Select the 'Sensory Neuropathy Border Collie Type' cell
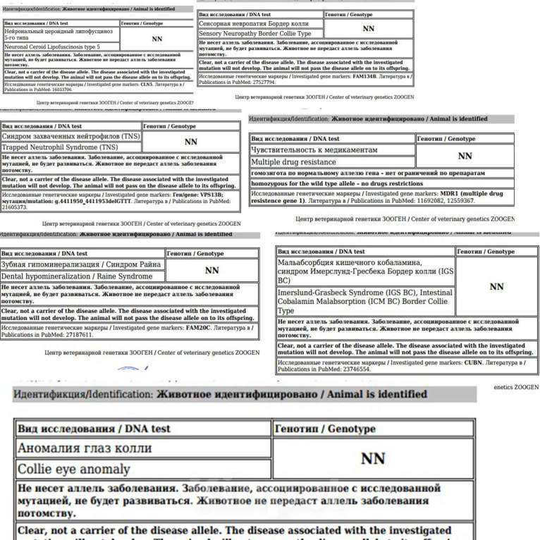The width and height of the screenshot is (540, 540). point(255,33)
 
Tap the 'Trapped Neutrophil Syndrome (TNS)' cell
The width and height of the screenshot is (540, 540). point(60,147)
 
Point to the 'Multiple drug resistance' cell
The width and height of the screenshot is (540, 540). point(294,162)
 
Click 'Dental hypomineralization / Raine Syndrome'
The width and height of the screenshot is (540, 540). point(77,276)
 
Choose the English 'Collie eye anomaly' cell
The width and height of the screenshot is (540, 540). point(74,469)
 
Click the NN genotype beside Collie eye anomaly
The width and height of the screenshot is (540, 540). point(372,458)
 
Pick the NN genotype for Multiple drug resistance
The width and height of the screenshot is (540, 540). point(465,156)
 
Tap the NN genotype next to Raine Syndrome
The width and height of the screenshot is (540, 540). point(211,270)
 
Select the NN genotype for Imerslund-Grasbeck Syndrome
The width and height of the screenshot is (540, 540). point(496,286)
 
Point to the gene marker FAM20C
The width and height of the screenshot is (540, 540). point(200,328)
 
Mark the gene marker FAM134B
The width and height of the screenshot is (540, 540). point(365,75)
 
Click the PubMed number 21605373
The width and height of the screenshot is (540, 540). point(18,208)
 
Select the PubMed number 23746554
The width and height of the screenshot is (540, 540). point(336,369)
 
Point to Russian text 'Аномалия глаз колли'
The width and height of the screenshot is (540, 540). point(85,448)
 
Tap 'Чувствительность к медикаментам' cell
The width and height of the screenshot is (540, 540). point(314,150)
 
